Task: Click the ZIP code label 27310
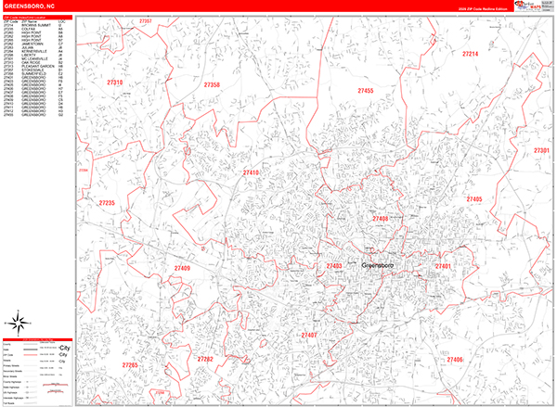115,83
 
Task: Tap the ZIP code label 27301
541,150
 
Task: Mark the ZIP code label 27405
474,199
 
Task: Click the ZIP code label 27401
443,266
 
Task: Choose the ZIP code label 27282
206,359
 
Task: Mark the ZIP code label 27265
129,365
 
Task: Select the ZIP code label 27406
455,359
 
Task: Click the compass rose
16,324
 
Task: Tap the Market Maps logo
529,9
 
